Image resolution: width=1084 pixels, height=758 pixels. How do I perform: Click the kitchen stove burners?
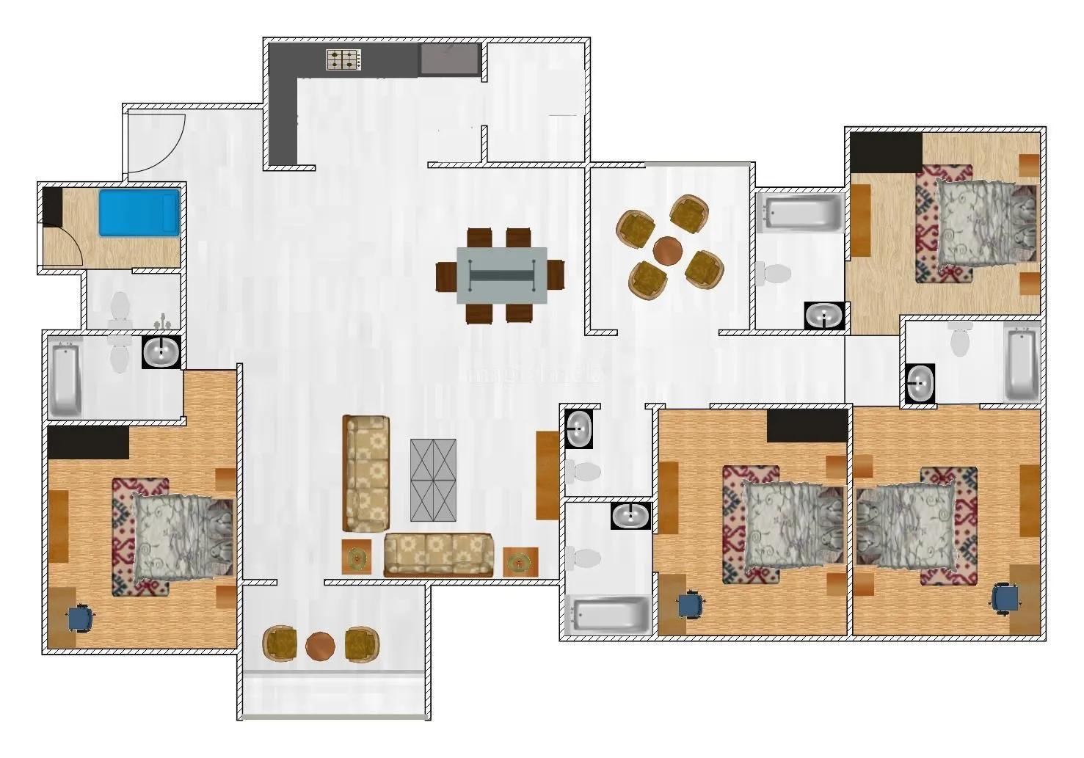(343, 60)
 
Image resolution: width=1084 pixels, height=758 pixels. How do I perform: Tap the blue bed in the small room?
(139, 213)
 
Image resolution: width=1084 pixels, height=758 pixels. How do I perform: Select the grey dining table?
(501, 275)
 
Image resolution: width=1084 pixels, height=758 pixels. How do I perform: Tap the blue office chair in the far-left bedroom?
(79, 619)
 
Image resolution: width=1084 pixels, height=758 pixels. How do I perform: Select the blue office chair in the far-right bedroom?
(1005, 598)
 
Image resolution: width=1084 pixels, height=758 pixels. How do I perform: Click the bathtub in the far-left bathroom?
(65, 379)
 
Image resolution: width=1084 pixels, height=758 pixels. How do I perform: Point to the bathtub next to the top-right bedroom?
(801, 211)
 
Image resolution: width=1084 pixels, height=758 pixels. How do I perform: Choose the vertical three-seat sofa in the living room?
(365, 473)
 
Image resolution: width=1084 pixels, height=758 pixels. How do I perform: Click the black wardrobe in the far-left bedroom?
(88, 442)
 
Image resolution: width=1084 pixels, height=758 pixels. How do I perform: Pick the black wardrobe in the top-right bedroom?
(886, 153)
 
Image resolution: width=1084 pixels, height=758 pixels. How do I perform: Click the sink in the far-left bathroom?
(161, 352)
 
